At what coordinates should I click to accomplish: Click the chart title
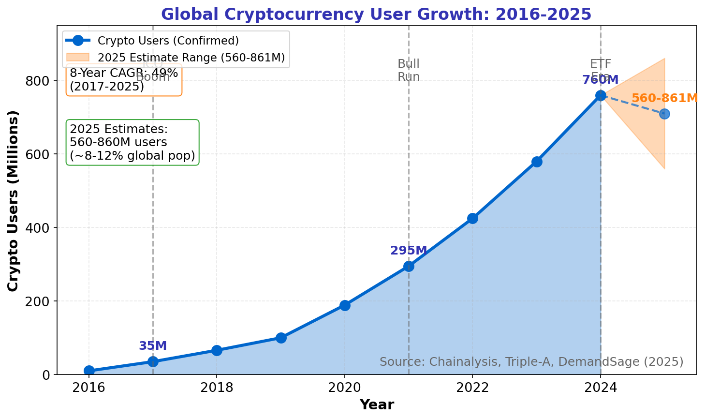coord(376,14)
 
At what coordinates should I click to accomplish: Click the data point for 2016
coord(89,371)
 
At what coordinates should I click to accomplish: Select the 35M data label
coord(153,346)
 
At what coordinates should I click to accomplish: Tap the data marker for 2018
coord(217,350)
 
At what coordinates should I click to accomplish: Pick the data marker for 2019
coord(281,338)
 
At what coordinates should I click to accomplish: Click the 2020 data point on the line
coord(345,305)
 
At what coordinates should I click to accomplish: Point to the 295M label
coord(409,251)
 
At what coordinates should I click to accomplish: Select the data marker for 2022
coord(472,218)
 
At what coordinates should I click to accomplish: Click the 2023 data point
coord(537,162)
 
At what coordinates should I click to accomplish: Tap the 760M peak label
coord(600,80)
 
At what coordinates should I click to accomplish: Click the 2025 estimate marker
coord(664,114)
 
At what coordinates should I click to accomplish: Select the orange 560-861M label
coord(664,98)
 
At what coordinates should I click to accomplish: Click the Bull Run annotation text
coord(409,70)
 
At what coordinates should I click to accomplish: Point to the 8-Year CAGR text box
coord(124,80)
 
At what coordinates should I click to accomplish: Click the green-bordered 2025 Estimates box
coord(132,142)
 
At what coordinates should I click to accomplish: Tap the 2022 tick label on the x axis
coord(472,388)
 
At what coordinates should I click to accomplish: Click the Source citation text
coord(531,362)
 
